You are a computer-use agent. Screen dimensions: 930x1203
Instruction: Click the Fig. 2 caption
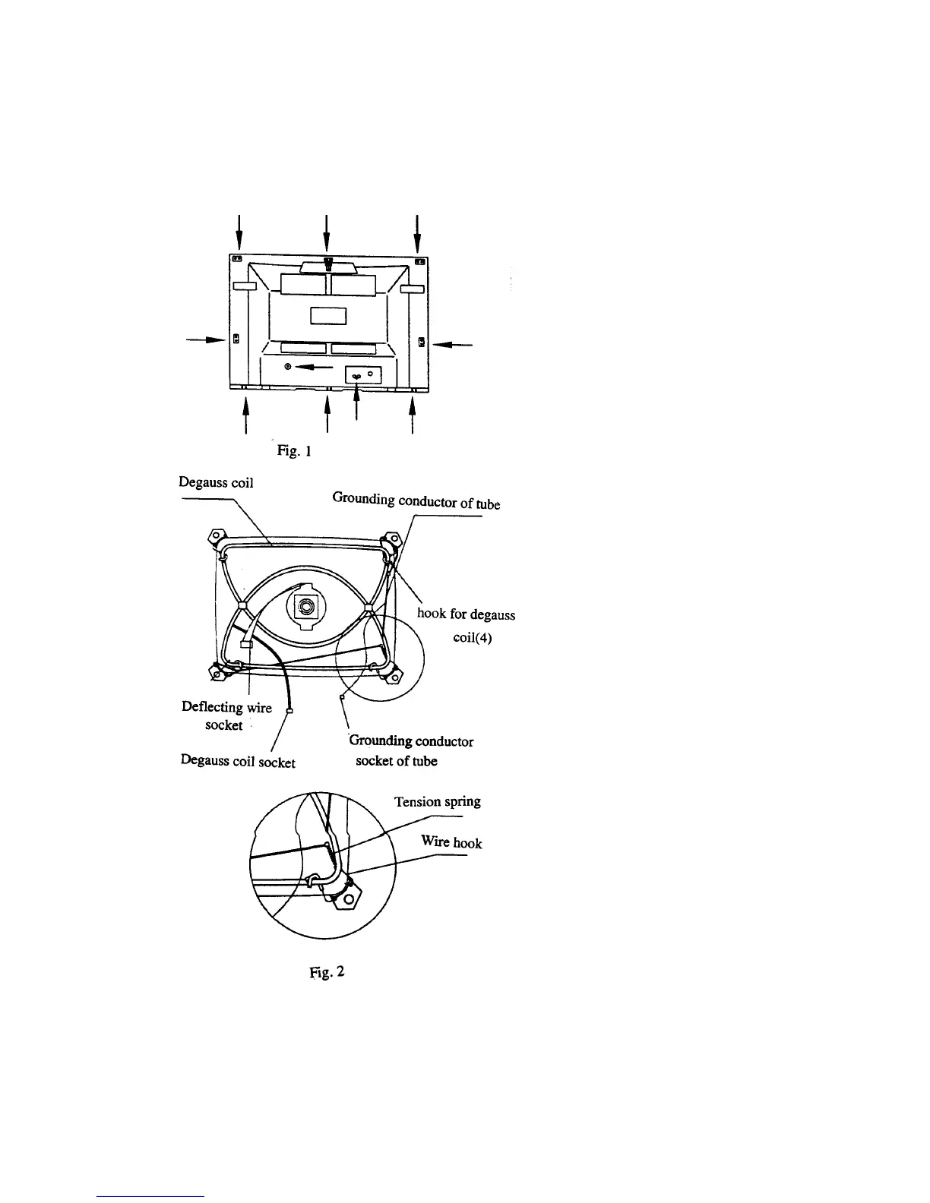click(327, 971)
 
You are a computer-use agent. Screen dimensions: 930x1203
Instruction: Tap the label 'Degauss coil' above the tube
click(216, 482)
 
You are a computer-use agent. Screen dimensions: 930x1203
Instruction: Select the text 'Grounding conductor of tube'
click(416, 501)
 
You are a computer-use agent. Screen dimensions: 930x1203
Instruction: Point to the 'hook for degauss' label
click(466, 614)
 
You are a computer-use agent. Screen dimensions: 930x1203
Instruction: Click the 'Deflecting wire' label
click(226, 707)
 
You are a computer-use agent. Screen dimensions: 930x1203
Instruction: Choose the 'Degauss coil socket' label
click(238, 761)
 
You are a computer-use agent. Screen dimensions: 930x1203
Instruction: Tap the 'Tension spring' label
click(437, 802)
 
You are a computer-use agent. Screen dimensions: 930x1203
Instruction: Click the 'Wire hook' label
click(451, 842)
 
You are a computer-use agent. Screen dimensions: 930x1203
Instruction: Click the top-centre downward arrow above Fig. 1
click(326, 232)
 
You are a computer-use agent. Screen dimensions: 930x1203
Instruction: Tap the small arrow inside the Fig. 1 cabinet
click(315, 367)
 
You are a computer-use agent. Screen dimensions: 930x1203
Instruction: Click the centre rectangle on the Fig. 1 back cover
click(328, 314)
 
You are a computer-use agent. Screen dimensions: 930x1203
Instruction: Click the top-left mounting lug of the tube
click(216, 540)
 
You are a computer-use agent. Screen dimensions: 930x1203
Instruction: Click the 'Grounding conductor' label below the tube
click(411, 740)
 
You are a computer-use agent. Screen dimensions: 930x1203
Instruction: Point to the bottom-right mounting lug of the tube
click(393, 674)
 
